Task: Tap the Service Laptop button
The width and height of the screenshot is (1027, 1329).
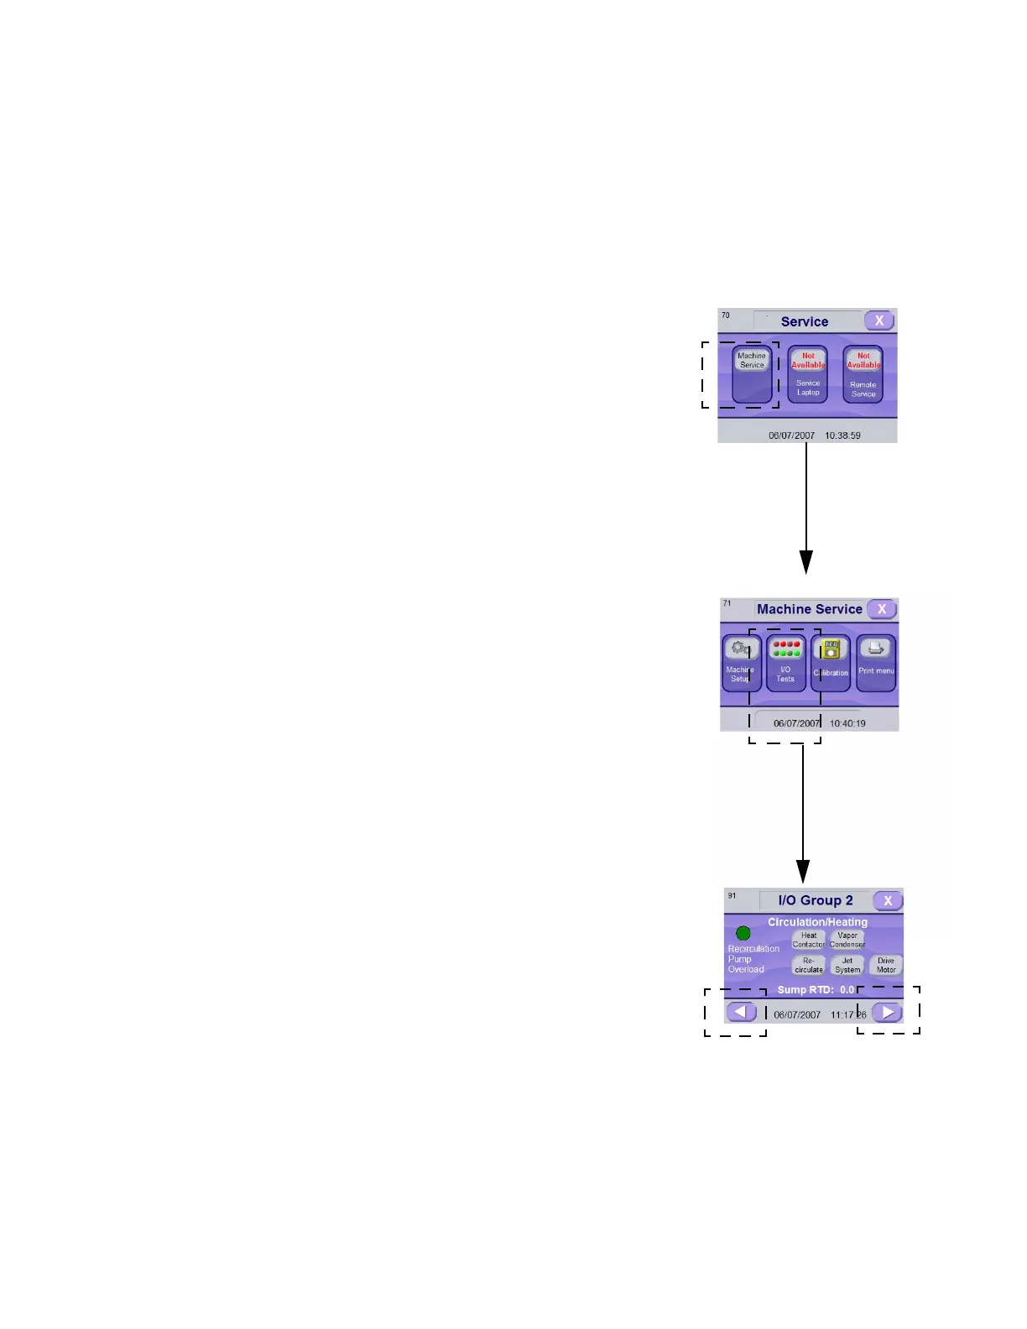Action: (x=807, y=374)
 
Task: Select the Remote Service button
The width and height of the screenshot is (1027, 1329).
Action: (x=863, y=374)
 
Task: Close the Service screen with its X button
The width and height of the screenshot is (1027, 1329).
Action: (x=878, y=321)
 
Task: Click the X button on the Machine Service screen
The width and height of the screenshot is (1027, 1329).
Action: (x=881, y=609)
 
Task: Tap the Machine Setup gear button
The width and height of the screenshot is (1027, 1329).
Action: (x=741, y=662)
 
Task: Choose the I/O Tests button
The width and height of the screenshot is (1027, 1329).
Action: (x=785, y=662)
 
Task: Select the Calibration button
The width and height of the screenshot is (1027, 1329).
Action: (x=831, y=662)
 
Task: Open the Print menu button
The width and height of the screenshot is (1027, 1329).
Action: (x=876, y=662)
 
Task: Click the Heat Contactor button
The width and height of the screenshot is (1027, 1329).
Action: (x=809, y=940)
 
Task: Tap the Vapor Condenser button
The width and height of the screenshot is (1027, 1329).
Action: (x=847, y=940)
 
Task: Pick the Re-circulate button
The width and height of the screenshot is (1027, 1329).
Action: (x=809, y=965)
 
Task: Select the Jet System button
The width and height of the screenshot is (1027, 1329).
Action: (x=847, y=965)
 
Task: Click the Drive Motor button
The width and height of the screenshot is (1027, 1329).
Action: (x=886, y=965)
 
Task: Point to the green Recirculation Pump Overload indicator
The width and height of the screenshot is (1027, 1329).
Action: (x=743, y=933)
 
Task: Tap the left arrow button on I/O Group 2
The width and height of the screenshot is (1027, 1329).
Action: (x=741, y=1012)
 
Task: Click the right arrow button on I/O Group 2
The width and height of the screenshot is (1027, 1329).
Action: (x=887, y=1012)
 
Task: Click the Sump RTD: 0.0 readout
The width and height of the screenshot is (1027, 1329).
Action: (x=816, y=990)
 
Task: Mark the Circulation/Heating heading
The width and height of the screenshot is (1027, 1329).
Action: (x=817, y=922)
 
